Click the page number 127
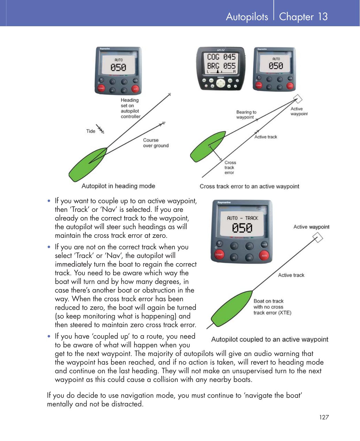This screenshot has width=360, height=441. pyautogui.click(x=324, y=417)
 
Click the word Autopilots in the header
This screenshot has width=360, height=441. pyautogui.click(x=247, y=17)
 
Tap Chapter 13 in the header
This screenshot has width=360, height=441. pyautogui.click(x=303, y=17)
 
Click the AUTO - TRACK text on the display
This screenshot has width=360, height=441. pyautogui.click(x=242, y=218)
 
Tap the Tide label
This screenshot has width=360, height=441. pyautogui.click(x=91, y=131)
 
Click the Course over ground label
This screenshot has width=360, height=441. pyautogui.click(x=156, y=143)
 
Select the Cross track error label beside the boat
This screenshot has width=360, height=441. pyautogui.click(x=230, y=167)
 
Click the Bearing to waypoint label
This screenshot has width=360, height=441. pyautogui.click(x=246, y=114)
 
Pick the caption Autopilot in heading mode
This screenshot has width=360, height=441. pyautogui.click(x=118, y=186)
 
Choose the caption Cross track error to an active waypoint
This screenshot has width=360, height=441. pyautogui.click(x=249, y=186)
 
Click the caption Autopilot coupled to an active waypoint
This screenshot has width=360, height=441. pyautogui.click(x=269, y=339)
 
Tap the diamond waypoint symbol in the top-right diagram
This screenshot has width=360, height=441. pyautogui.click(x=297, y=99)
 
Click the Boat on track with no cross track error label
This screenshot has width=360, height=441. pyautogui.click(x=272, y=307)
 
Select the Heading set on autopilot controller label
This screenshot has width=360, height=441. pyautogui.click(x=130, y=108)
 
